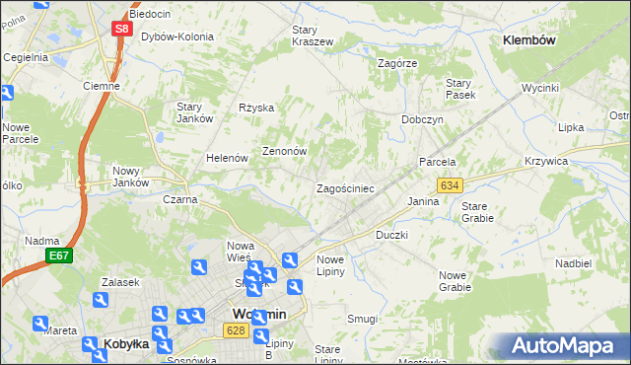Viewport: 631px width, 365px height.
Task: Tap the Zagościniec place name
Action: click(x=344, y=187)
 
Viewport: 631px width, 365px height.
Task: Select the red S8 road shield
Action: click(x=120, y=30)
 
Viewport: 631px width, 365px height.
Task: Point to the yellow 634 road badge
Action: click(x=450, y=185)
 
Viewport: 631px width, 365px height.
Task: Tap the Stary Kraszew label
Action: click(x=312, y=36)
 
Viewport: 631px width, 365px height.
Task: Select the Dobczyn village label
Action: click(x=422, y=118)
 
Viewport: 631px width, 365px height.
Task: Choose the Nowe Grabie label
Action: click(x=455, y=281)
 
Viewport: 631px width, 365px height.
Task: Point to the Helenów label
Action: click(x=225, y=158)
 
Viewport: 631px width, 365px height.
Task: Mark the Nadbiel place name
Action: click(x=573, y=263)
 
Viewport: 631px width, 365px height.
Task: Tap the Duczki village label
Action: click(x=391, y=236)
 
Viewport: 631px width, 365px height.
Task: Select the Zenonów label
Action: click(x=285, y=152)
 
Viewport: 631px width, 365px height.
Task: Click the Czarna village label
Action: click(x=179, y=199)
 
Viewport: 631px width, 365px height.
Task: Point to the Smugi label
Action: click(x=362, y=319)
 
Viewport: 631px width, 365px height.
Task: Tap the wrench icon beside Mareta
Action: click(x=39, y=323)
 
